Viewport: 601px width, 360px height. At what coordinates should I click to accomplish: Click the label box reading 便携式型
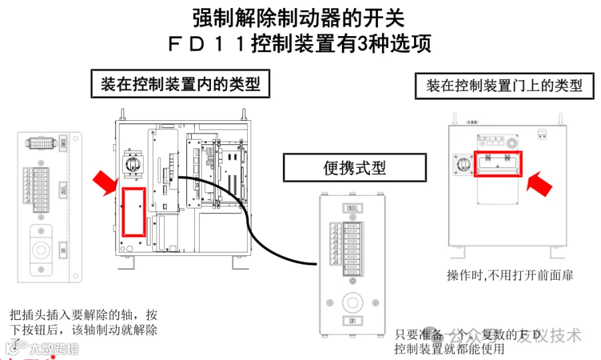355,167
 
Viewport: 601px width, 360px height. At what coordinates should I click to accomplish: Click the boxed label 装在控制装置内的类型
180,84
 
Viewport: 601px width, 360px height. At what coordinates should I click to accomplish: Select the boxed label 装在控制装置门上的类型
504,85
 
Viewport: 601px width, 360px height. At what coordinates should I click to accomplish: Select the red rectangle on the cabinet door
497,164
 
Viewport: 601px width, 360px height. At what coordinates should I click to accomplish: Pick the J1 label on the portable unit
335,226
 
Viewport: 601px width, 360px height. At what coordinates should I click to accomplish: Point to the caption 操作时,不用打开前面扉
510,275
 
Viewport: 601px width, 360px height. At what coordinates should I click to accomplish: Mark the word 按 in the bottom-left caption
152,315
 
